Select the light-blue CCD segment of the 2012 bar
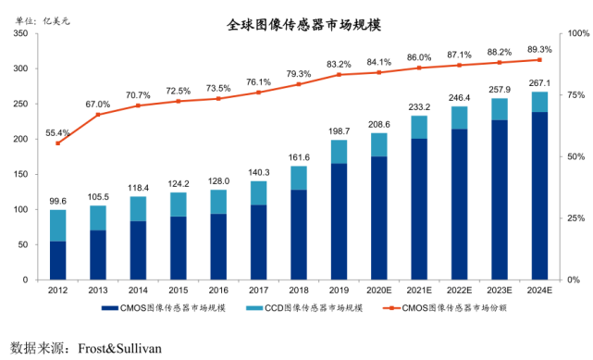[x=57, y=226]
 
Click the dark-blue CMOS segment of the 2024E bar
[x=539, y=195]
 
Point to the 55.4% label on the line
[x=57, y=133]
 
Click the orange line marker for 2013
[x=97, y=114]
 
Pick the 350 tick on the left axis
[x=19, y=33]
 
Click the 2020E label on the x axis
[x=379, y=290]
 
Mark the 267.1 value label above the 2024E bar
[x=539, y=83]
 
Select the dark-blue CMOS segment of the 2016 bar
[x=217, y=246]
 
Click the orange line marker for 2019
[x=339, y=74]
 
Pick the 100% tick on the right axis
[x=575, y=33]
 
